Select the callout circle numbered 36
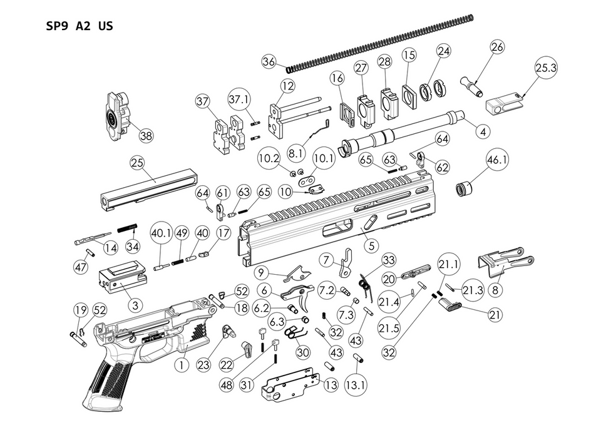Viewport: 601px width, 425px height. pos(269,61)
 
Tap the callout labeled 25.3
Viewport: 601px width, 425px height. pos(546,68)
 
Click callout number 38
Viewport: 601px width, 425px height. pos(146,135)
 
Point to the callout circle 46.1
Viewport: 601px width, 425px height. pos(498,161)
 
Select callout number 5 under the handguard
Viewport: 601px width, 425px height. pos(371,246)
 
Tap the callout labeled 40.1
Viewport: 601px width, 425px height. pos(162,233)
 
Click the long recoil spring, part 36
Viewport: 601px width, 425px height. pos(376,41)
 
